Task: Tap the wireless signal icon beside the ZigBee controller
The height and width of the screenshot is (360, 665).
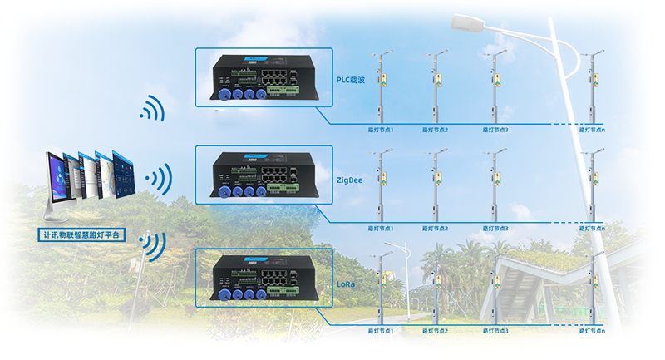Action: point(159,177)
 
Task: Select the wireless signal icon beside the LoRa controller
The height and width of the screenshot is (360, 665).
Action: point(153,244)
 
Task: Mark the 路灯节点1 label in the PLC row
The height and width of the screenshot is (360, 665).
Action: point(381,130)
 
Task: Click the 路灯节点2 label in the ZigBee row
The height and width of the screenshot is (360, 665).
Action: point(435,229)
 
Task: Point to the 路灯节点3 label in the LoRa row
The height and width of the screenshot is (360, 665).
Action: point(495,331)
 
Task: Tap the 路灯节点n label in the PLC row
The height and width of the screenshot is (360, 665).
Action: point(591,130)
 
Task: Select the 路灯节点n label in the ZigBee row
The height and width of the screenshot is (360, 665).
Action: point(591,229)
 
